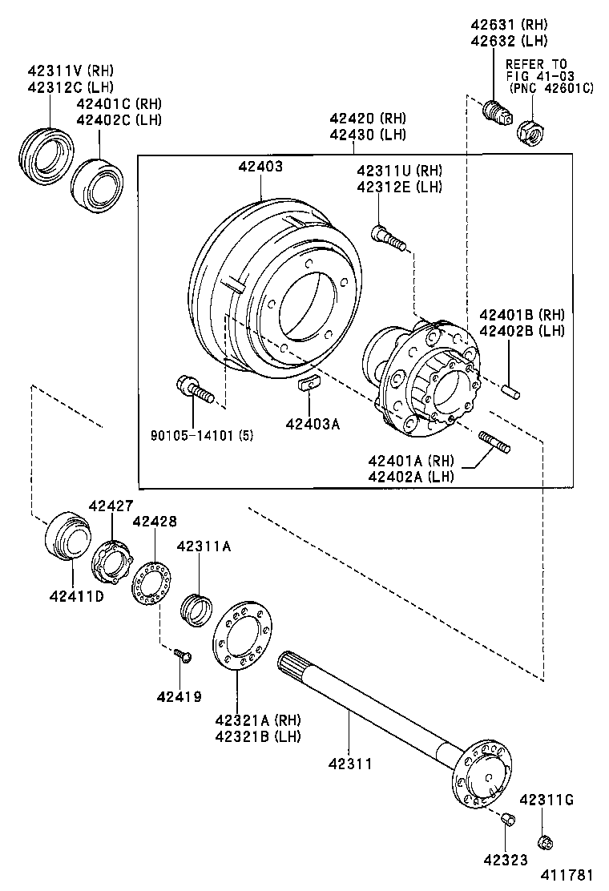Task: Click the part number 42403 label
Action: point(260,167)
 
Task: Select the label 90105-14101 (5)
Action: point(202,436)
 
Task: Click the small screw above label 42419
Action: point(184,656)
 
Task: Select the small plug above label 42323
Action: point(506,818)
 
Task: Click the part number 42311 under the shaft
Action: point(349,764)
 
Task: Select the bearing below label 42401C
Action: point(95,186)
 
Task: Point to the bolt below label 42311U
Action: point(389,237)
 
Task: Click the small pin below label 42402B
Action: point(511,392)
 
